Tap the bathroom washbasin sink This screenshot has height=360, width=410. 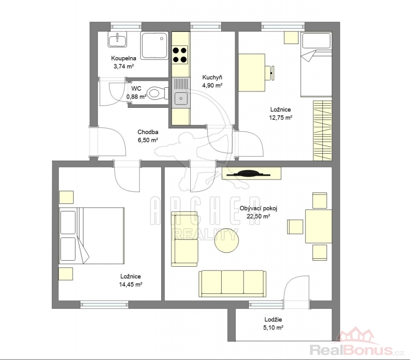point(118,39)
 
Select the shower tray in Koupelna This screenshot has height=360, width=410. point(154,45)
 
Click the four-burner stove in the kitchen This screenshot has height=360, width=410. point(180,55)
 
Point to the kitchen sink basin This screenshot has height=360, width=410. point(181,98)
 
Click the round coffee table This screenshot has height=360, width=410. point(226,240)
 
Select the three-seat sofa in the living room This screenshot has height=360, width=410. point(232,284)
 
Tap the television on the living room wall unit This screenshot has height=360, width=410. point(248,173)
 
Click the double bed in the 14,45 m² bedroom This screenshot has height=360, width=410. point(91,236)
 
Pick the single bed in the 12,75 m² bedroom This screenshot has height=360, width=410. point(316,64)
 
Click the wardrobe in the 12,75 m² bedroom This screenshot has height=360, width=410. point(323,131)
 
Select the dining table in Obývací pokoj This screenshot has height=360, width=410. point(319,226)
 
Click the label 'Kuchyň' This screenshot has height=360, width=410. point(212,77)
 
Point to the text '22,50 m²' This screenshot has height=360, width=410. point(258,217)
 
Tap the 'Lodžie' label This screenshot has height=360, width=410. point(273,319)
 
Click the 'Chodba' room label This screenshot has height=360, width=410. point(148,132)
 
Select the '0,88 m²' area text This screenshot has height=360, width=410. point(136,97)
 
